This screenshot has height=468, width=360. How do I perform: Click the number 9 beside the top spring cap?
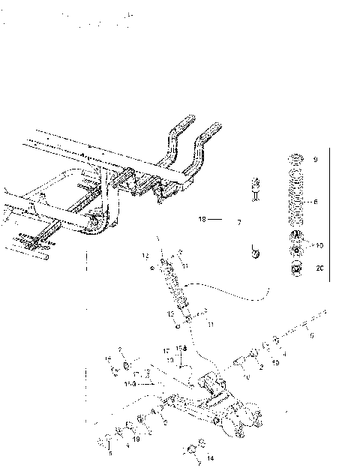316,160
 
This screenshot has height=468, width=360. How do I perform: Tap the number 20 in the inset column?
319,268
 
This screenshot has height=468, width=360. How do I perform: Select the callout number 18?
201,220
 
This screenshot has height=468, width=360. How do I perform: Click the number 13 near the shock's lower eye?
171,313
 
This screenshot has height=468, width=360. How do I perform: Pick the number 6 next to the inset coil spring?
316,202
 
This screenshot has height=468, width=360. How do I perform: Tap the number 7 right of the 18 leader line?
238,223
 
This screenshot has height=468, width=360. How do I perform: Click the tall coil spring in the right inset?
295,201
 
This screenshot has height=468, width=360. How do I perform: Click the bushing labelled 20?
296,268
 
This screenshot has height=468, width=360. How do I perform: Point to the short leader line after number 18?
214,220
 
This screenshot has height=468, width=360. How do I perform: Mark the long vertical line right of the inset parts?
331,214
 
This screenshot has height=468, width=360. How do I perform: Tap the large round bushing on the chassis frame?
96,223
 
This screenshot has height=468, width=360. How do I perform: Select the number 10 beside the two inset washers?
319,246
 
